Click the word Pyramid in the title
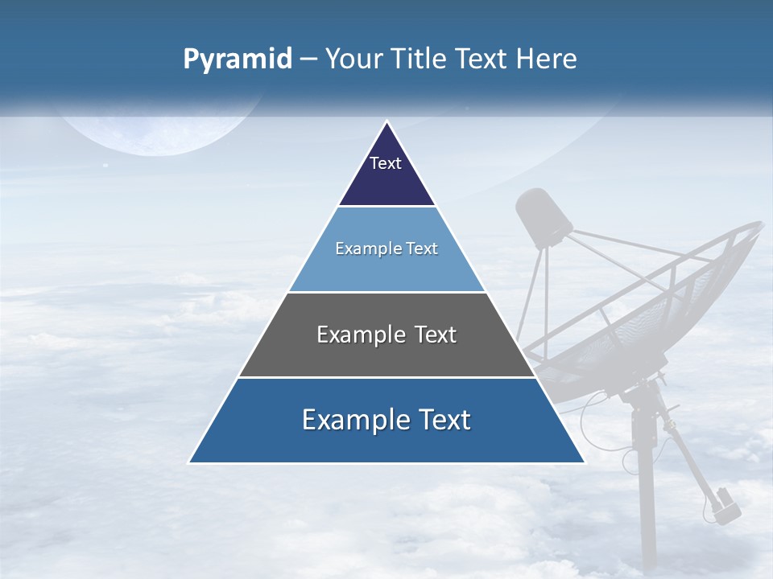pos(238,60)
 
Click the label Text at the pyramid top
pos(386,163)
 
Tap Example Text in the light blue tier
pos(386,248)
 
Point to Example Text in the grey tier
pos(386,335)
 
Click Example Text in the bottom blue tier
pos(386,420)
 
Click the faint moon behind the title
pos(161,129)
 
